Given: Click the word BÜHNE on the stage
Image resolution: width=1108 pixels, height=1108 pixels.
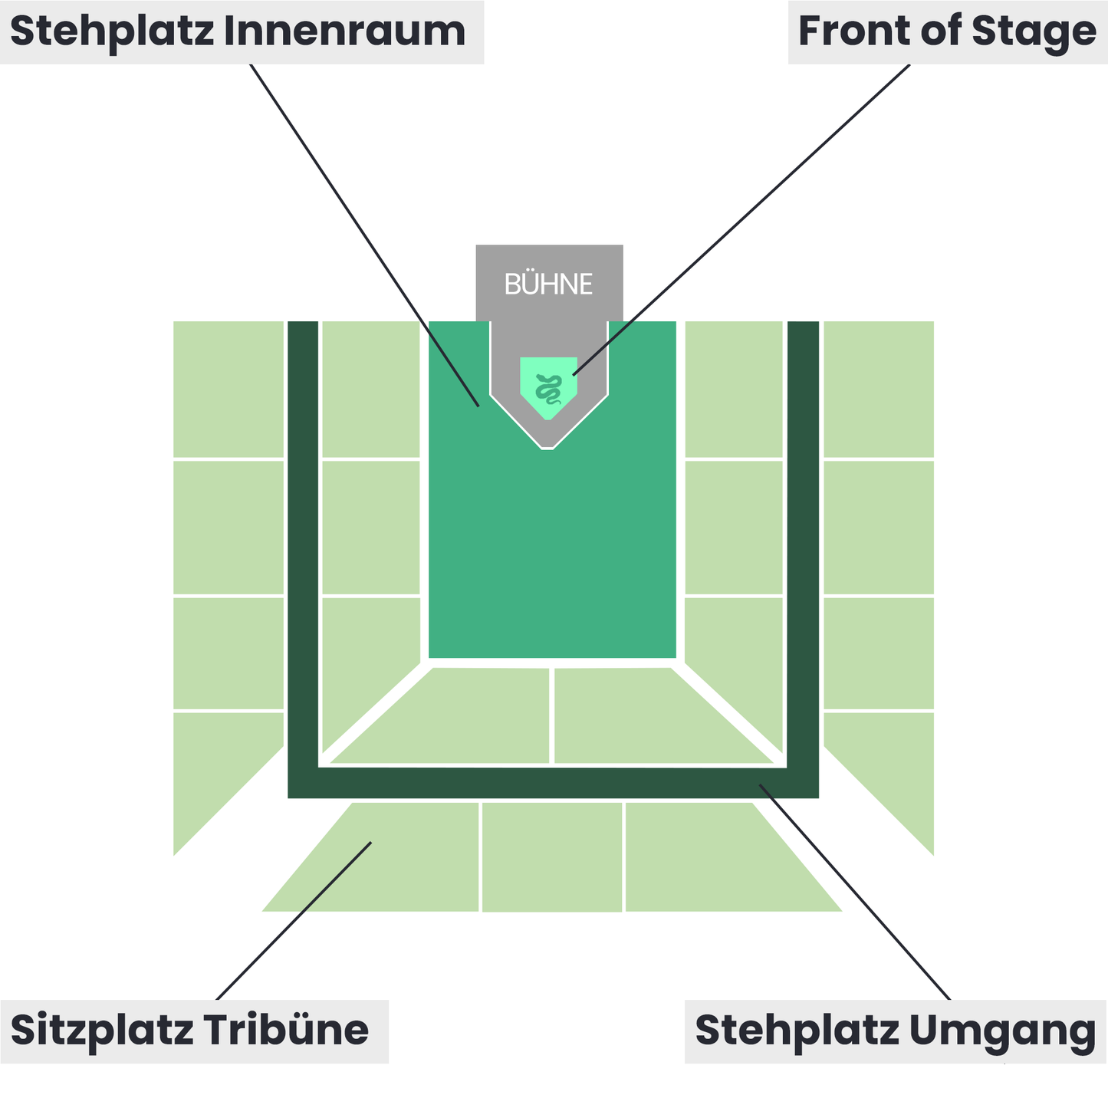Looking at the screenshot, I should pyautogui.click(x=548, y=284).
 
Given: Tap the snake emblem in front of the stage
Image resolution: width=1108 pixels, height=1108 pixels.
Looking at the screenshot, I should pyautogui.click(x=548, y=388).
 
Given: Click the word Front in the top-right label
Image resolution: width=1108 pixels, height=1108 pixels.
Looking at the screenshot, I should pyautogui.click(x=855, y=31).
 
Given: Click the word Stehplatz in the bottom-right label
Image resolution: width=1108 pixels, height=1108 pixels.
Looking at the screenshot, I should pyautogui.click(x=797, y=1030).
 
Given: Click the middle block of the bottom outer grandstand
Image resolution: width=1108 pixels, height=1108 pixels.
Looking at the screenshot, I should pyautogui.click(x=552, y=856).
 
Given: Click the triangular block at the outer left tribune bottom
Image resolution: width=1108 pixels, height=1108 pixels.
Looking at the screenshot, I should pyautogui.click(x=215, y=767).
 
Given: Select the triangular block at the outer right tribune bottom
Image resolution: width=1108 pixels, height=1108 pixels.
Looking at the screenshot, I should pyautogui.click(x=893, y=767).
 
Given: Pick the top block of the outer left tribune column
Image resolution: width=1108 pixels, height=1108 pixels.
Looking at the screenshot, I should pyautogui.click(x=229, y=389).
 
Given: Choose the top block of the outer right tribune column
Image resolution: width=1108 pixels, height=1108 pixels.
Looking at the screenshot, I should pyautogui.click(x=878, y=389).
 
